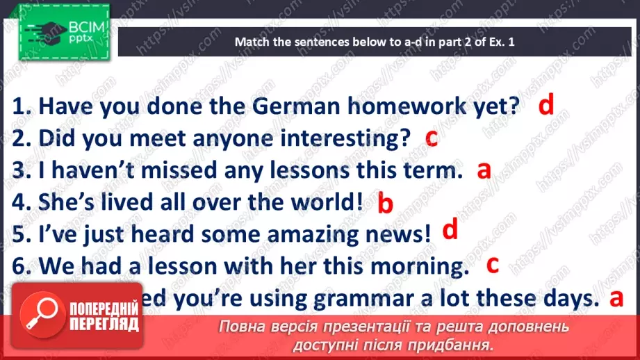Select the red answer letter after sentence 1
point(547,104)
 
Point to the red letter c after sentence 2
point(431,137)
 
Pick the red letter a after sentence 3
point(484,169)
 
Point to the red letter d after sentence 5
point(450,229)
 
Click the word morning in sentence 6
point(414,265)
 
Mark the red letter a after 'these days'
point(614,298)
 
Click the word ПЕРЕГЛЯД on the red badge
point(103,324)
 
